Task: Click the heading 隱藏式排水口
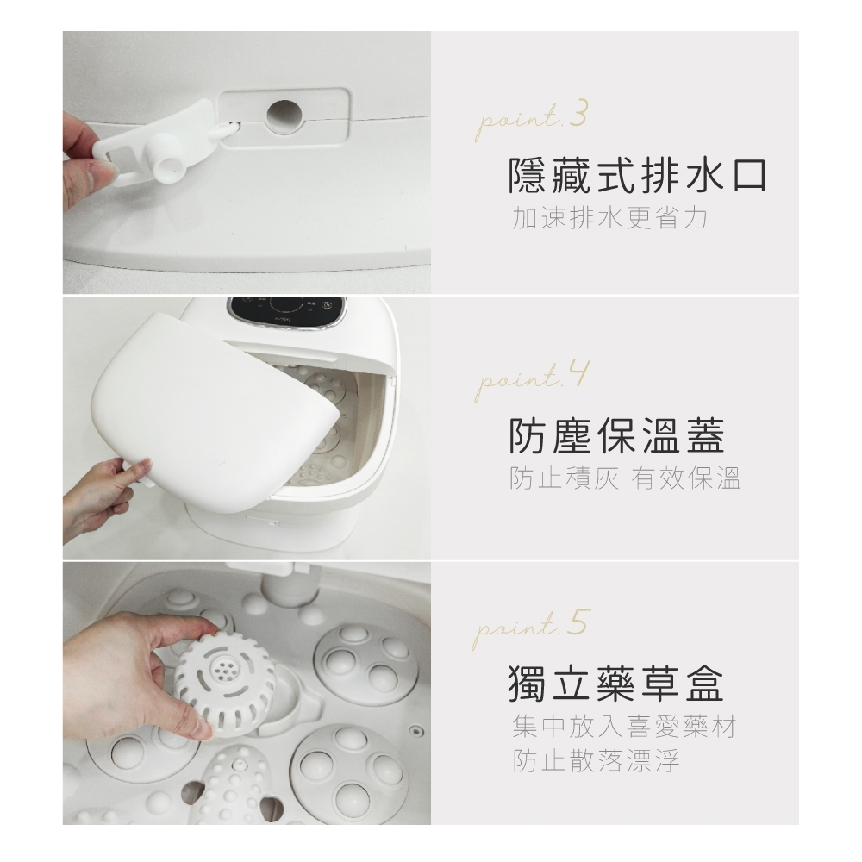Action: [x=637, y=176]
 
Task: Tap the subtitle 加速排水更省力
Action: [x=609, y=218]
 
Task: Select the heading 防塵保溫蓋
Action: [x=616, y=435]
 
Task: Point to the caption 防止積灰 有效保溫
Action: [x=625, y=478]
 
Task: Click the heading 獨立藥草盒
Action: [x=615, y=684]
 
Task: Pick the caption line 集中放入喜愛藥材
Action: [x=623, y=726]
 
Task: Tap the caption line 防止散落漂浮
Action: [x=596, y=761]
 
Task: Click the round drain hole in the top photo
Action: [x=284, y=117]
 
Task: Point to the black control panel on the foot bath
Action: [x=288, y=312]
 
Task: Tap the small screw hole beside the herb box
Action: [x=416, y=731]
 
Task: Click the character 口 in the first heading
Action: [x=749, y=177]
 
